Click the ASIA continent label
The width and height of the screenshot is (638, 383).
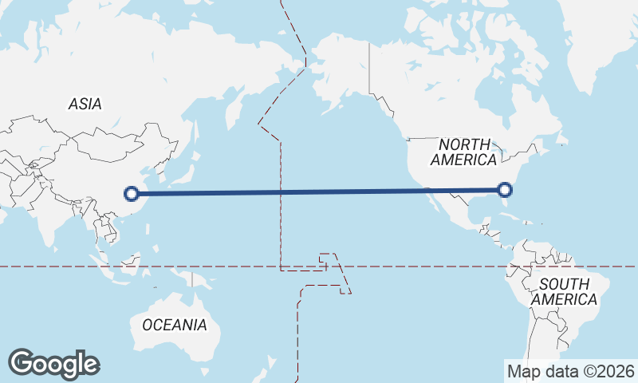pyautogui.click(x=85, y=104)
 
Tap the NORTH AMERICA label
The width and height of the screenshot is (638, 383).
pyautogui.click(x=463, y=152)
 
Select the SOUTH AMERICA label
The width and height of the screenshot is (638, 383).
pyautogui.click(x=565, y=292)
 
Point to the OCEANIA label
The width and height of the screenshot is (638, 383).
pyautogui.click(x=174, y=325)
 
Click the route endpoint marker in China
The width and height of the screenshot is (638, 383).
pyautogui.click(x=132, y=192)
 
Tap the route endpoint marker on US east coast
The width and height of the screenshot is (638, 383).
pyautogui.click(x=504, y=189)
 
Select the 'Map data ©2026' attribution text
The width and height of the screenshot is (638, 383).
pyautogui.click(x=570, y=371)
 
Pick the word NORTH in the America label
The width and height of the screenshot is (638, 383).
pyautogui.click(x=463, y=144)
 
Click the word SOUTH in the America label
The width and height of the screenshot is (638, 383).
pyautogui.click(x=564, y=284)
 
